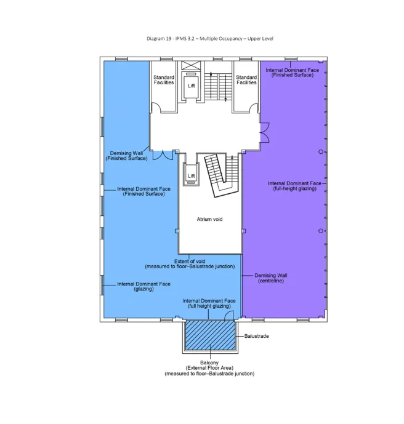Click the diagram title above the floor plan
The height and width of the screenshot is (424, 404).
coord(209,39)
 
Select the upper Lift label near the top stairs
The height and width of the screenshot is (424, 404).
coord(191,86)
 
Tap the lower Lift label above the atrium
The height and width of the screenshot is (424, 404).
coord(191,175)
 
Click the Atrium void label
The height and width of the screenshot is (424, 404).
coord(209,219)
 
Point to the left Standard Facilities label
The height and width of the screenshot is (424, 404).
coord(164,80)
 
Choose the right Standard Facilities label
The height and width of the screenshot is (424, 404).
coord(246,80)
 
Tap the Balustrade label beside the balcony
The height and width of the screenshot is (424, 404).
coord(256,337)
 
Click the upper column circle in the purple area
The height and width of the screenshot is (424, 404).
coord(320,151)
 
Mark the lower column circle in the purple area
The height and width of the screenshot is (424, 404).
coord(320,231)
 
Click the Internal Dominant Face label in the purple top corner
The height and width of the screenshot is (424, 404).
coord(293,73)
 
